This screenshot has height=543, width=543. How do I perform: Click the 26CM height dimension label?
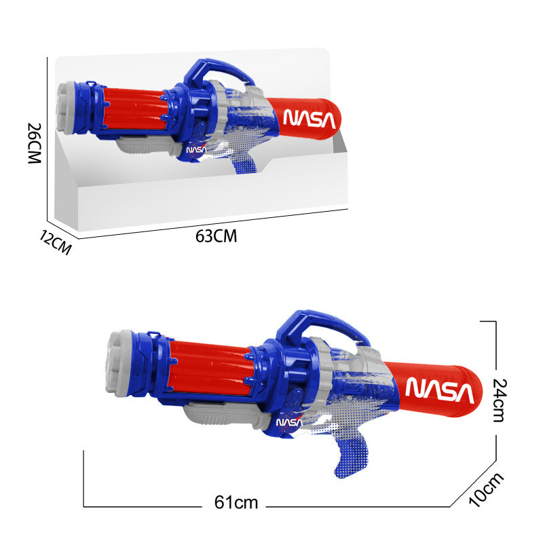click(x=35, y=143)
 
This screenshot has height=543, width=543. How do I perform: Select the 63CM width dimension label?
click(x=216, y=236)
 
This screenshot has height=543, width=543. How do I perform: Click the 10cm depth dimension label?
click(x=487, y=489)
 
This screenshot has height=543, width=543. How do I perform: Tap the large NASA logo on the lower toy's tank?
click(x=439, y=389)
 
